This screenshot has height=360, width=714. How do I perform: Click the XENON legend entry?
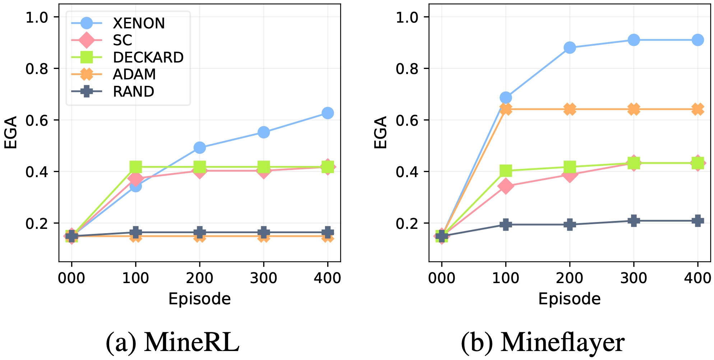point(138,23)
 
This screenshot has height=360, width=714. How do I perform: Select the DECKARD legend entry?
point(148,57)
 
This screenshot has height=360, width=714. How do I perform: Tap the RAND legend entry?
point(133,92)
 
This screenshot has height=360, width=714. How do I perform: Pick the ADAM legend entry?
point(134,74)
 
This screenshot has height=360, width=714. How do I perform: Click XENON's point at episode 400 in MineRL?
point(328,113)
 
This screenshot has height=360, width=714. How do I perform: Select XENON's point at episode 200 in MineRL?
point(200,148)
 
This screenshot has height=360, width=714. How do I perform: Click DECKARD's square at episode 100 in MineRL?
point(135,167)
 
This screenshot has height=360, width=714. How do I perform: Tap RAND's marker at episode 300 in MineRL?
point(264,232)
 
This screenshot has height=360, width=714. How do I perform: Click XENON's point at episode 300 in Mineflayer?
point(634,40)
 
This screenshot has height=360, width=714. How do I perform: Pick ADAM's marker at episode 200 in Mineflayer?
point(570,109)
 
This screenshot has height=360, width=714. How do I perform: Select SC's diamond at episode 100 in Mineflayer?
point(506,186)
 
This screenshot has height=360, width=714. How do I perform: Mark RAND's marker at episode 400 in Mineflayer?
point(698,221)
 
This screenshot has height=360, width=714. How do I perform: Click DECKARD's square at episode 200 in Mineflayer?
point(570,167)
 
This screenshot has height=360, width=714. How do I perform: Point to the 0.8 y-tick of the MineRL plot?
point(37,69)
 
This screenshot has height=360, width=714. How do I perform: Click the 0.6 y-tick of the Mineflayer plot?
point(407,120)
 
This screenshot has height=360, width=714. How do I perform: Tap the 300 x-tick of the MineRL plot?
point(264,278)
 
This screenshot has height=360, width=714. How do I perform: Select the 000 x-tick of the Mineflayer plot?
point(441,278)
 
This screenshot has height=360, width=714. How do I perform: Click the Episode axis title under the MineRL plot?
point(200,299)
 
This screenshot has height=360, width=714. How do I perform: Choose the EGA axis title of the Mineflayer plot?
point(381,133)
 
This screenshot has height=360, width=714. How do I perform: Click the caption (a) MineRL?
point(172,342)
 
